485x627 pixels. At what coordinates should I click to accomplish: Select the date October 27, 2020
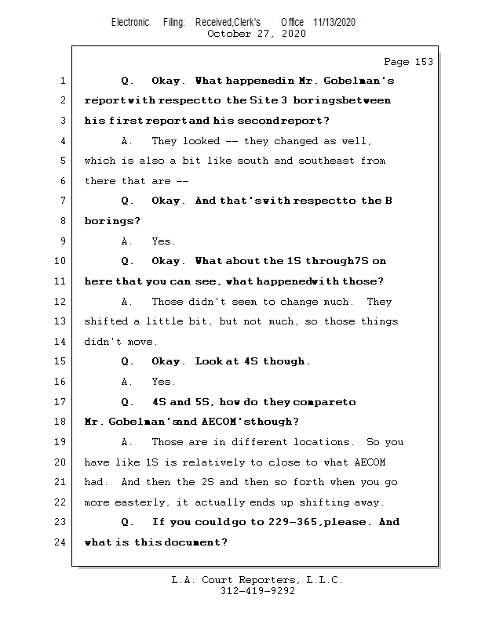coord(257,34)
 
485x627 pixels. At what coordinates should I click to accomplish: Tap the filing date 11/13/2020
coord(334,23)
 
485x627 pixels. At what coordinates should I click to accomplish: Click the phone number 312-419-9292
coord(257,592)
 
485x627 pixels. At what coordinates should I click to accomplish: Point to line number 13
coord(61,321)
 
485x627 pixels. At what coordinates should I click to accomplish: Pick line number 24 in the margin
coord(61,542)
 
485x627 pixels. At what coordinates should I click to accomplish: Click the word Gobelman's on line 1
coord(361,81)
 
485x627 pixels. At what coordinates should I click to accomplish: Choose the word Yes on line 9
coord(162,241)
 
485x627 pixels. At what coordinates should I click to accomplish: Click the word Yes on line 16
coord(162,382)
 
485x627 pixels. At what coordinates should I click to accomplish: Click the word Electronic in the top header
coord(130,23)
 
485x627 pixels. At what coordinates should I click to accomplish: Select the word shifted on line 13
coord(106,321)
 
